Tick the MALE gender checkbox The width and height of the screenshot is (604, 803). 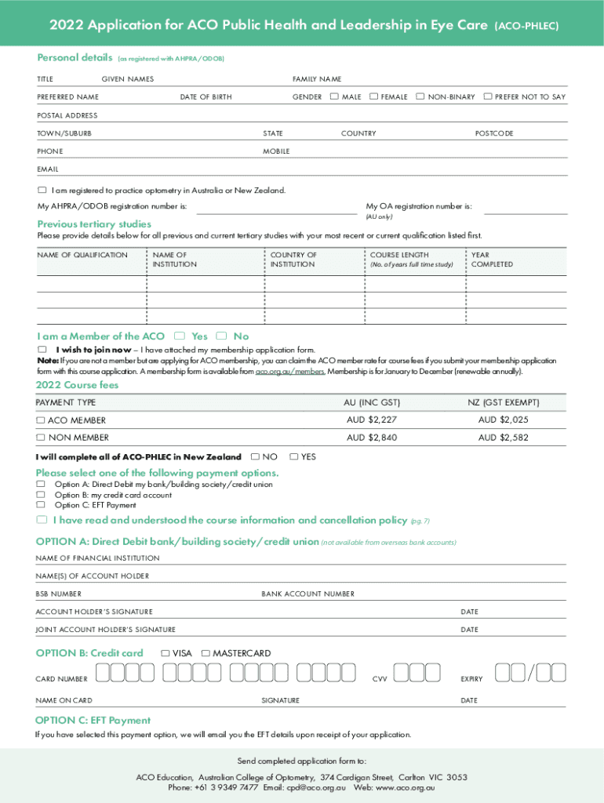coord(334,96)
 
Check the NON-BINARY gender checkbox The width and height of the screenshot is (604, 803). coord(420,96)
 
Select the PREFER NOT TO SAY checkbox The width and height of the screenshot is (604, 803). coord(488,96)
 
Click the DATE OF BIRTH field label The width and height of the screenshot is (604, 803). coord(206,97)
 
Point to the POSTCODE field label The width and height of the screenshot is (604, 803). coord(494,133)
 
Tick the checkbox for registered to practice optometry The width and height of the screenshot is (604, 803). coord(42,191)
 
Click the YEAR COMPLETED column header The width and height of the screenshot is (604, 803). coord(491,260)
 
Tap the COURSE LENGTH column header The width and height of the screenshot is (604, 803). coord(399,255)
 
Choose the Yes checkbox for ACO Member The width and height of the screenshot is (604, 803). coord(180,336)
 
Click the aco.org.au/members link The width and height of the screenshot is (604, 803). coord(289,372)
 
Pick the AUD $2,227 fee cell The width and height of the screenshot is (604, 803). coord(372,420)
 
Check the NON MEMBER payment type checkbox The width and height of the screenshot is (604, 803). coord(41,438)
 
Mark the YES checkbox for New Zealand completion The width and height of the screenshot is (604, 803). coord(294,456)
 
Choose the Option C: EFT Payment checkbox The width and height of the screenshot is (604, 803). coord(41,505)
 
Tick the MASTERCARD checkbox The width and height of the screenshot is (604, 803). coord(206,653)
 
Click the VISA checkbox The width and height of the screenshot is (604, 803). coord(166,653)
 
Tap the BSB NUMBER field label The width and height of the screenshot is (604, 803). coord(58,594)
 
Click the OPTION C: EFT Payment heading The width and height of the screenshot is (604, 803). coord(93,720)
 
